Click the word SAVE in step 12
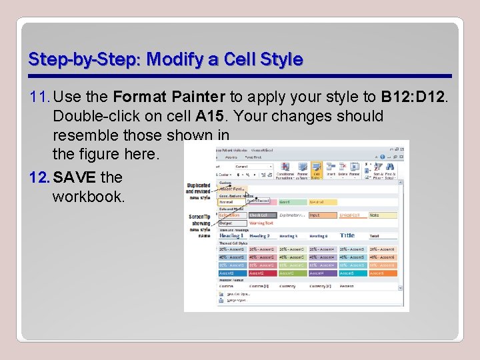(75, 177)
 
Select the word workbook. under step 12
(89, 197)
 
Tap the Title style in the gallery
(347, 235)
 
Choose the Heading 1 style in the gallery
(231, 236)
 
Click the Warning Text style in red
(261, 223)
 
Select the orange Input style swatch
(322, 215)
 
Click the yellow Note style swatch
(382, 215)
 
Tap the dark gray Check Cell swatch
(261, 215)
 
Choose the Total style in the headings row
(381, 236)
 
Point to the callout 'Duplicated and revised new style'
(198, 191)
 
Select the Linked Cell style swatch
(352, 215)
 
